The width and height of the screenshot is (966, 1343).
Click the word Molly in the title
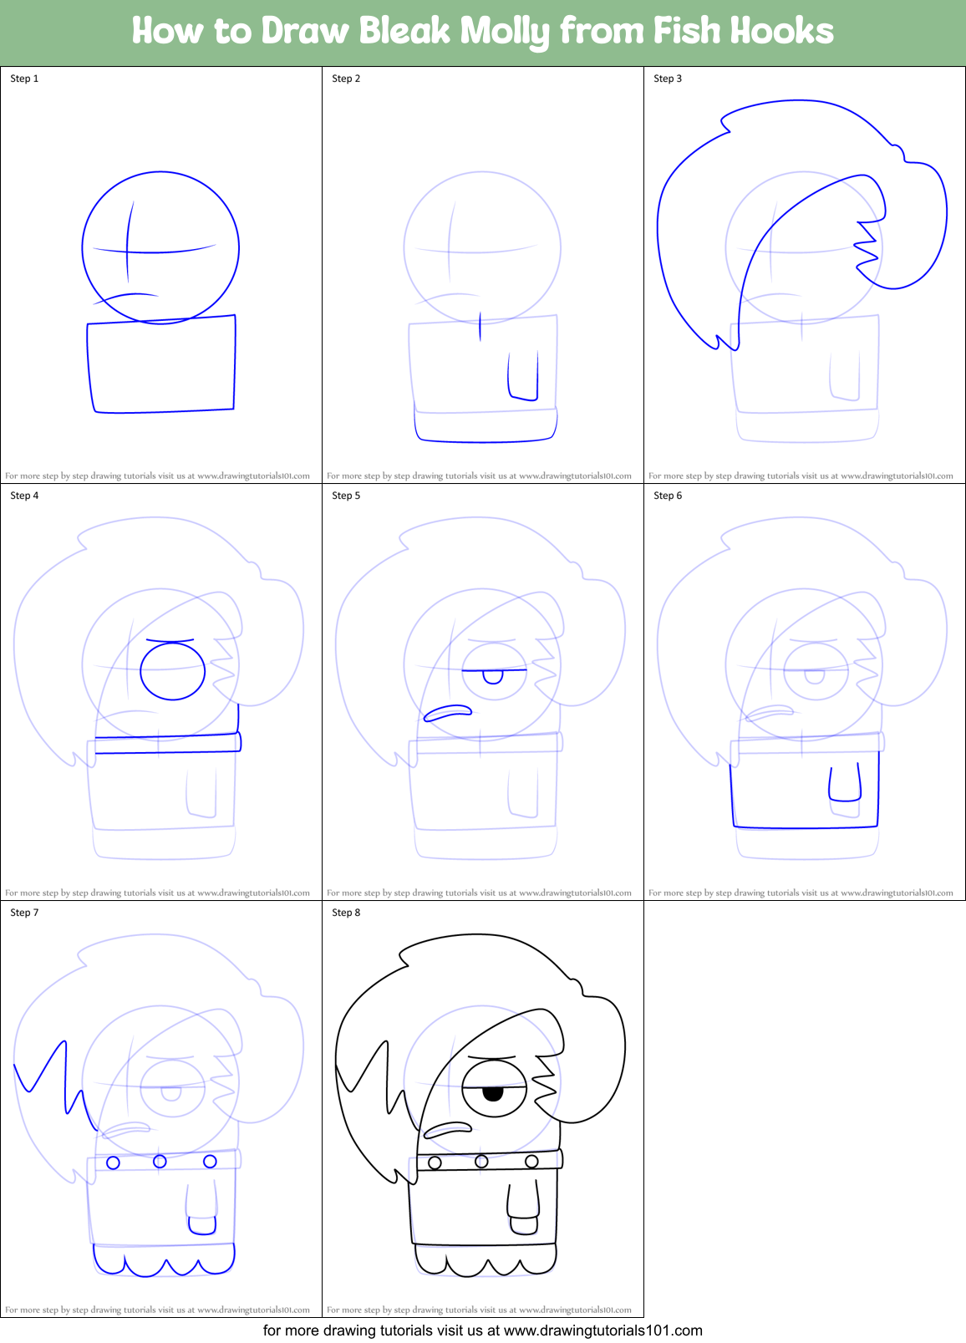coord(506,32)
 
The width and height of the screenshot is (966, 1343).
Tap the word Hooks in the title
coord(781,31)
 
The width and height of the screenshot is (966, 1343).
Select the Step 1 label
coord(24,79)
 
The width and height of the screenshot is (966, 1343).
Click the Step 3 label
coord(668,79)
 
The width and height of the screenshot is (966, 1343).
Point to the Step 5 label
coord(346,496)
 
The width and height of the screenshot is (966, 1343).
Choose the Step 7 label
coord(24,913)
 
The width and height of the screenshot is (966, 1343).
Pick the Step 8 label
coord(346,913)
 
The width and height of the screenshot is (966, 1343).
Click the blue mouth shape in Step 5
coord(448,713)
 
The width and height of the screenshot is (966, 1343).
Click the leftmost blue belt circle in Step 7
coord(113,1162)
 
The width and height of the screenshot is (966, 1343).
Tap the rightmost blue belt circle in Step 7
coord(210,1161)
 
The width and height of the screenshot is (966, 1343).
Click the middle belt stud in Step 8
coord(481,1161)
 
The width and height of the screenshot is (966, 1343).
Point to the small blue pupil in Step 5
coord(493,676)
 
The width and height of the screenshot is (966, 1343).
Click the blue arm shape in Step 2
coord(523,376)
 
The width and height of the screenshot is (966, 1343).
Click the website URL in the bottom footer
coord(602,1330)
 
